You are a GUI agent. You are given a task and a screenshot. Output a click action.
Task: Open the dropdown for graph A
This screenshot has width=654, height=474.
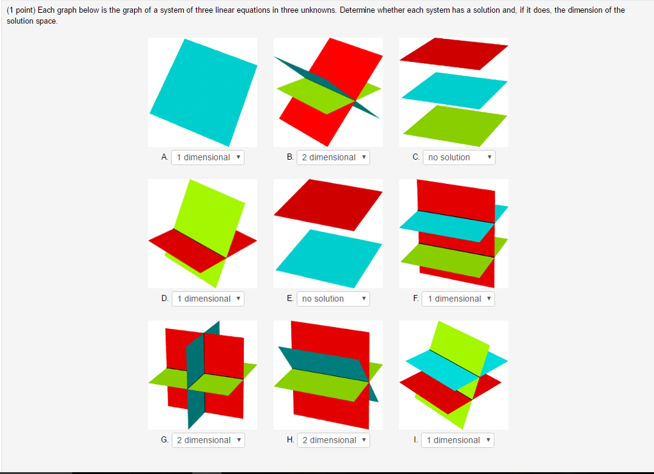208,157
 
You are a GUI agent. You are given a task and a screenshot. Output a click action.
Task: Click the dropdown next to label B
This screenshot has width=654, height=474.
333,157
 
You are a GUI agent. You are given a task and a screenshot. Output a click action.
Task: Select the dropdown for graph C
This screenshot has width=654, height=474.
459,157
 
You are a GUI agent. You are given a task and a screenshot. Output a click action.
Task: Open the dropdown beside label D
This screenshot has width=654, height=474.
208,298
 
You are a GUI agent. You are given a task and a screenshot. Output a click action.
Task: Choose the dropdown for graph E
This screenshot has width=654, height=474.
333,298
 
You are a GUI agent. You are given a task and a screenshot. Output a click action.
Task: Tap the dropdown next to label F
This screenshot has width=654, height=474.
458,298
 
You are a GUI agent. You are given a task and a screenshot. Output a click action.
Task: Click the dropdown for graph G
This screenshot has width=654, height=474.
208,440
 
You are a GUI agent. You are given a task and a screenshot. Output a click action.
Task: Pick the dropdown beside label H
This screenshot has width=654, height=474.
333,440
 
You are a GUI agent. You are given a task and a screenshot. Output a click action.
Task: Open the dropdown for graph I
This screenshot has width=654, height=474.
457,440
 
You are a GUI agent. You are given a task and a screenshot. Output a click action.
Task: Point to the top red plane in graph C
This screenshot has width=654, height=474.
455,54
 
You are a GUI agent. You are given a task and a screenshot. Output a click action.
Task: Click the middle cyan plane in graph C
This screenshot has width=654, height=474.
455,90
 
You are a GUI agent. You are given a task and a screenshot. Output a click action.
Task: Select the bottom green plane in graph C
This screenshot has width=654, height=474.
454,125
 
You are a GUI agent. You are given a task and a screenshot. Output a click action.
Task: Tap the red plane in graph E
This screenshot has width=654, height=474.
328,204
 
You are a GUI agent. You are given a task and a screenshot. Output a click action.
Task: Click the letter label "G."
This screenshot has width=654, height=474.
165,440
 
